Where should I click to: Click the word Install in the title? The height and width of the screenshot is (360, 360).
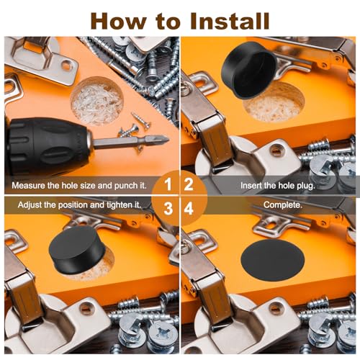pos(230,21)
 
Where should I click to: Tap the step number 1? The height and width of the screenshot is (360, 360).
pos(168,184)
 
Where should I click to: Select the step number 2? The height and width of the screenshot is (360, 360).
pos(189,184)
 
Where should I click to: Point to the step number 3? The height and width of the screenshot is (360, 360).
pos(168,208)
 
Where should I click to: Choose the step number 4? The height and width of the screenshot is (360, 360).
pos(189,208)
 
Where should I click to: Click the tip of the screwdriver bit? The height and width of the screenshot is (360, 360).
pos(168,139)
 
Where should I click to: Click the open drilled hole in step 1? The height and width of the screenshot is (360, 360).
pos(96,101)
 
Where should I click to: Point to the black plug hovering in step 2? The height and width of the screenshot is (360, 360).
pos(249,70)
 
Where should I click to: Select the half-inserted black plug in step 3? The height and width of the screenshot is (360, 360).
pos(77,250)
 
